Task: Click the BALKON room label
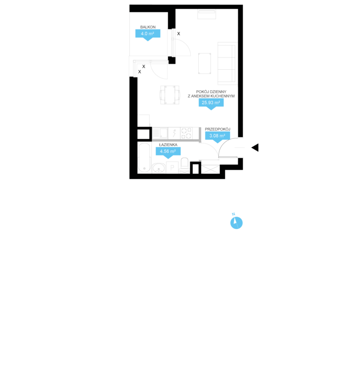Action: click(148, 27)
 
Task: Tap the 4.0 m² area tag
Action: click(148, 34)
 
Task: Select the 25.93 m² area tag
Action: click(211, 103)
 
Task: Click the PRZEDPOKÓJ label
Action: click(217, 129)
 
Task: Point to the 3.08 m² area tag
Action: click(217, 136)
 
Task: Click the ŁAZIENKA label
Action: click(168, 145)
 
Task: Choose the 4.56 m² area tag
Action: click(168, 151)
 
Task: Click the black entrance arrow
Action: click(255, 148)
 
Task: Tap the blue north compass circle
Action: click(236, 223)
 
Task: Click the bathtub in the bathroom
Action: click(144, 157)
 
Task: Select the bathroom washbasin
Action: click(159, 168)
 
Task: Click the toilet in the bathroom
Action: click(185, 165)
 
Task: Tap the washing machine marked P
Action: click(172, 168)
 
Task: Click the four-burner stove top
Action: click(186, 133)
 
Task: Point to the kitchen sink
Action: click(160, 133)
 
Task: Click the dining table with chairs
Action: click(170, 95)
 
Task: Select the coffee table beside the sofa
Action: click(204, 63)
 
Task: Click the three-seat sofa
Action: click(227, 63)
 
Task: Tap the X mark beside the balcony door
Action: click(179, 34)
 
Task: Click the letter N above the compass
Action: click(233, 214)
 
